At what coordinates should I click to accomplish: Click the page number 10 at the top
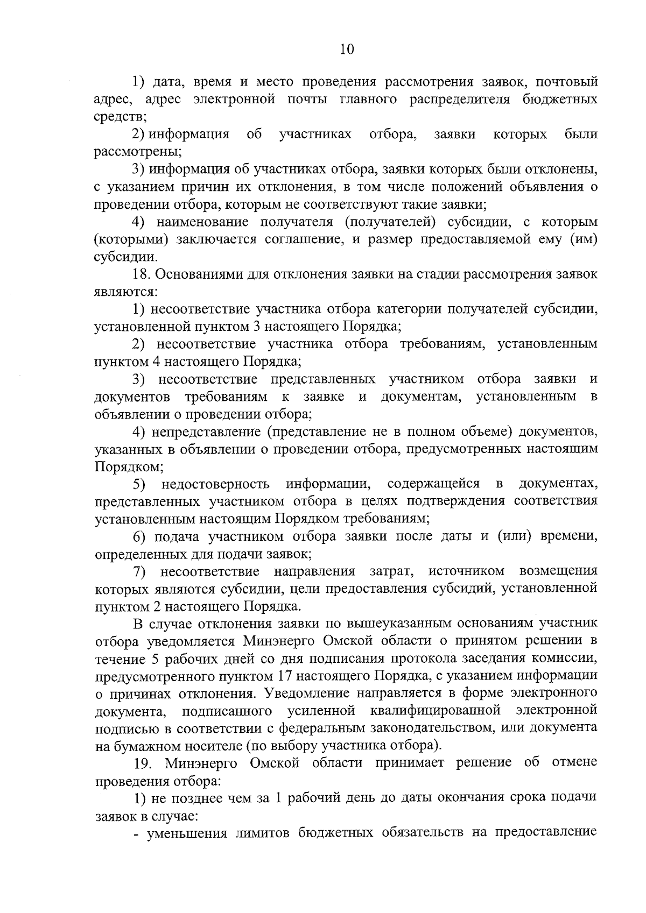tap(347, 49)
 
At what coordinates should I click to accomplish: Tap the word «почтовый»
tap(566, 82)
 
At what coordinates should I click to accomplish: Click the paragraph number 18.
tap(142, 274)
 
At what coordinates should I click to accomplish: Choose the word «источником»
tap(467, 571)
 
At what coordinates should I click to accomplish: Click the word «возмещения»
tap(558, 571)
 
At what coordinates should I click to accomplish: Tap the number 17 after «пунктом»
tap(285, 676)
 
